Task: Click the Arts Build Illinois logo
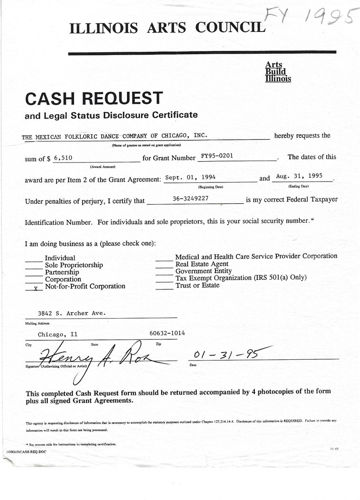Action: tap(278, 72)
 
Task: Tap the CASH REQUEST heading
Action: tap(94, 98)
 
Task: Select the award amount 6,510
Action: tap(63, 157)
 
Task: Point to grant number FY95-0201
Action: tap(217, 156)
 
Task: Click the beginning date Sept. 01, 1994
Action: tap(190, 177)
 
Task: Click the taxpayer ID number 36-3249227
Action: tap(190, 198)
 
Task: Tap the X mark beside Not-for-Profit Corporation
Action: tap(35, 287)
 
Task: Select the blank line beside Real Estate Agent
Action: tap(164, 265)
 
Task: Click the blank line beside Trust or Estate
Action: tap(164, 287)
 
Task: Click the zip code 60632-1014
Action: tap(167, 333)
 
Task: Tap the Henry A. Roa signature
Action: tap(102, 357)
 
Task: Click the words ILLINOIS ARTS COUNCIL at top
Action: tap(167, 28)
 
